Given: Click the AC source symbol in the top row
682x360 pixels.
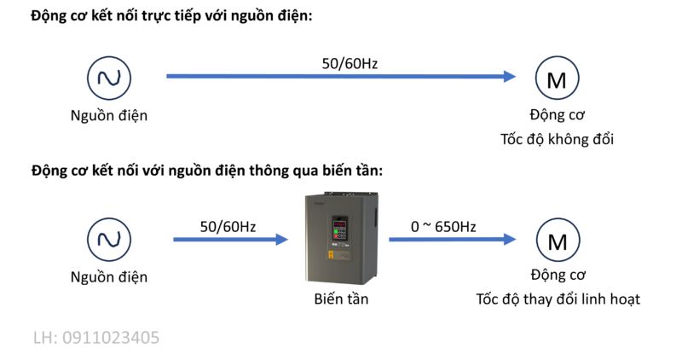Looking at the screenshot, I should (x=109, y=78).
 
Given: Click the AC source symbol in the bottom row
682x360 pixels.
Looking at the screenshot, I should (x=109, y=240).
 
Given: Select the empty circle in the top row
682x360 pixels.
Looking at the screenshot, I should (x=558, y=78).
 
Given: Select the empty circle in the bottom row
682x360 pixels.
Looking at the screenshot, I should (x=558, y=240).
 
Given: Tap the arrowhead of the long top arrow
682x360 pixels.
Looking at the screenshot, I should (x=510, y=76).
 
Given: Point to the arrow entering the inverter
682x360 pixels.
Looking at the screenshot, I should (x=226, y=240).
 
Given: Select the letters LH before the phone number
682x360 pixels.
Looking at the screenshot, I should (x=43, y=338).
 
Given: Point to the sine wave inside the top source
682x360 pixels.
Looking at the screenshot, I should (x=109, y=78).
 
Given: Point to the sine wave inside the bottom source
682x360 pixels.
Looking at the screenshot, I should (x=109, y=240).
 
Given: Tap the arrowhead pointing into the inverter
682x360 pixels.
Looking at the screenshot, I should (x=282, y=240).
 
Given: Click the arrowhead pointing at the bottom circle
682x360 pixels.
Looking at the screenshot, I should (x=510, y=240).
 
